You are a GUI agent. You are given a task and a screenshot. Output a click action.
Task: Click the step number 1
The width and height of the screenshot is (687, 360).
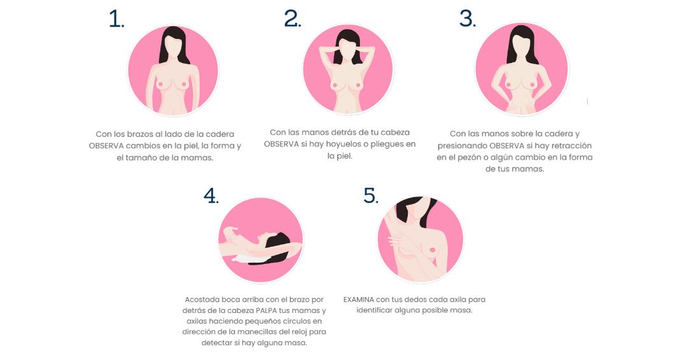click(116, 19)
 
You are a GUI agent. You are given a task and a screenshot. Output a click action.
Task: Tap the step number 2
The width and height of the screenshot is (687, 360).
click(292, 19)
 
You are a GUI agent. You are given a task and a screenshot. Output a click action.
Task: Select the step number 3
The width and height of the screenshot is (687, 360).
click(467, 19)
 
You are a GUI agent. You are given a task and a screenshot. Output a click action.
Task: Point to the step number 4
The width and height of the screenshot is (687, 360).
click(211, 196)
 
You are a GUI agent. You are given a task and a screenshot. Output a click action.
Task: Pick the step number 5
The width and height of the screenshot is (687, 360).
click(371, 196)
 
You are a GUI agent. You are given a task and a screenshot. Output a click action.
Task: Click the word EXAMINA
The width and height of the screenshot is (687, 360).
click(358, 300)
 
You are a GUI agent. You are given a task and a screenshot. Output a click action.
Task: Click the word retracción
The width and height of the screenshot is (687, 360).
click(571, 146)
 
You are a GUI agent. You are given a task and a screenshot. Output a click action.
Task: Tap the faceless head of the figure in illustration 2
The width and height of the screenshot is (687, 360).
click(348, 48)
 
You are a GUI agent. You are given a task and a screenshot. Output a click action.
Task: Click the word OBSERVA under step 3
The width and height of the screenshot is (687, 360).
click(507, 146)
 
